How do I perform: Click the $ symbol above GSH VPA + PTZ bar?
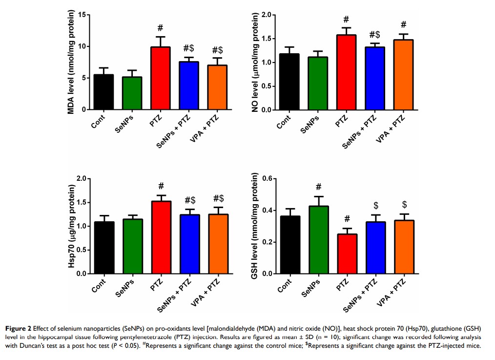click(405, 204)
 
